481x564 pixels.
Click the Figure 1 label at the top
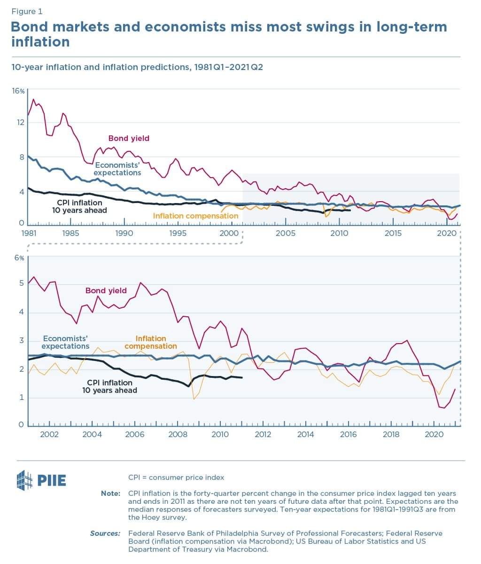pos(26,11)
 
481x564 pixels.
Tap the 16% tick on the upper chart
pos(18,91)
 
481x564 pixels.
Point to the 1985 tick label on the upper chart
pos(70,233)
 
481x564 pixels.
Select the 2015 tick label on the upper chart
pos(393,233)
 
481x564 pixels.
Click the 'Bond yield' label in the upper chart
pos(129,138)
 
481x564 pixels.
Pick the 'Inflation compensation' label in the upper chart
pos(196,216)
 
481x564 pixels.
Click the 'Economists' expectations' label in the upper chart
pos(117,169)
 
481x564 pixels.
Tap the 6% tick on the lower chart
pos(19,258)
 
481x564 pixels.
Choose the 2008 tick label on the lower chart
pos(178,434)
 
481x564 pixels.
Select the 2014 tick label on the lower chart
pos(306,434)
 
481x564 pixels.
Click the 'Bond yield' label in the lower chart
pos(106,290)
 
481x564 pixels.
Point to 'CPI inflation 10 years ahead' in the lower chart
pos(110,386)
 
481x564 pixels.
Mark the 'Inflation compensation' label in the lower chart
pos(151,342)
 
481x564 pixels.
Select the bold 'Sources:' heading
pos(105,533)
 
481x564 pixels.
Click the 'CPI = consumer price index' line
pos(176,477)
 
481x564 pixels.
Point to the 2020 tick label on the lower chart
pos(434,434)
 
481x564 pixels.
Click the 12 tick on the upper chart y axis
pos(21,123)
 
